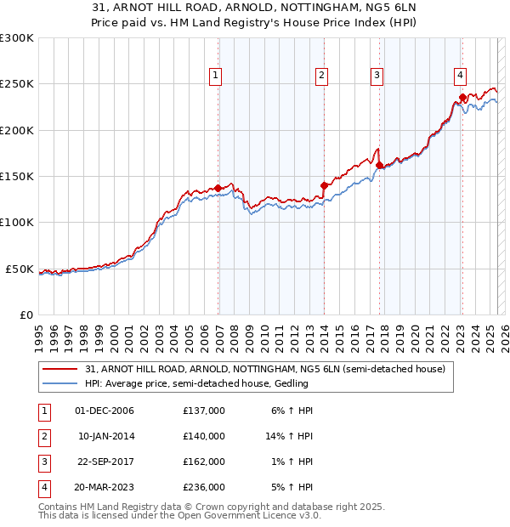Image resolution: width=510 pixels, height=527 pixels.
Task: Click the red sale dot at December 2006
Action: [x=218, y=188]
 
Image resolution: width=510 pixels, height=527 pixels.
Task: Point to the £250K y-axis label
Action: [x=17, y=84]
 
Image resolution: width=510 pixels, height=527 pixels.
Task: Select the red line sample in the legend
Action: [x=60, y=370]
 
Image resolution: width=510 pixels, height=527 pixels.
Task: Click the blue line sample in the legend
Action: [x=60, y=384]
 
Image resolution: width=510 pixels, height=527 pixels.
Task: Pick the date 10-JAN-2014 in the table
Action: [x=106, y=436]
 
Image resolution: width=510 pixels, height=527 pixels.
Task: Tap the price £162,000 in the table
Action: [x=204, y=462]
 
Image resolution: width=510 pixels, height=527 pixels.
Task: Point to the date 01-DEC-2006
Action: [x=105, y=411]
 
